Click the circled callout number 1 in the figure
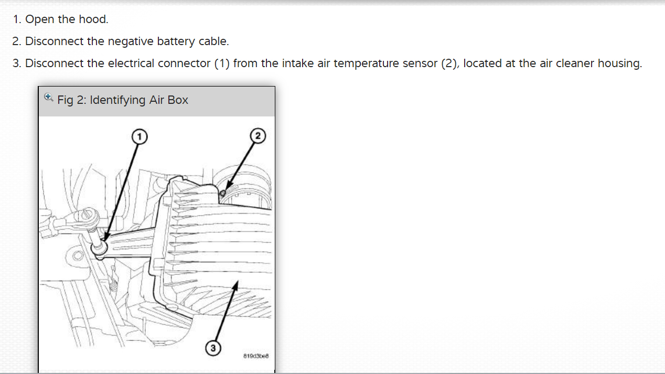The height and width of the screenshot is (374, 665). coord(138,136)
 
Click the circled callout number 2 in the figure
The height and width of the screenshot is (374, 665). coord(258,136)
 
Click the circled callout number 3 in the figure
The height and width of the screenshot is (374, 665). coord(213,348)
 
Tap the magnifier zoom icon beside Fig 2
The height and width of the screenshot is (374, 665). coord(49,97)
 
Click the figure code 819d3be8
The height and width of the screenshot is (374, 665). coord(256,356)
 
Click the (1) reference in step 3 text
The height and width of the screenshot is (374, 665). coord(220,63)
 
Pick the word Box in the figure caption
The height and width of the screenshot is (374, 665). coord(178,100)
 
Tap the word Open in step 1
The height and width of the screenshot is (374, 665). coord(36,19)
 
